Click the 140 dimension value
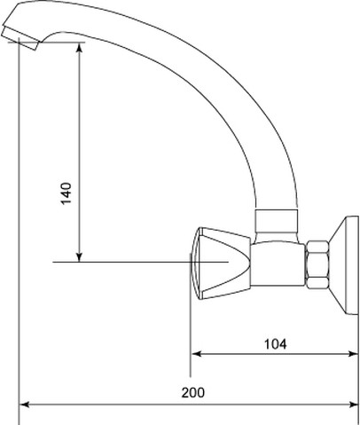(67, 193)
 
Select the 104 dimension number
(275, 344)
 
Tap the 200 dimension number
(192, 392)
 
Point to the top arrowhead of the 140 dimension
(79, 47)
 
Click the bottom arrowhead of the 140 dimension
(79, 256)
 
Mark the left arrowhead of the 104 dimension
(196, 354)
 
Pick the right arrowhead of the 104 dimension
(353, 354)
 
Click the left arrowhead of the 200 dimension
(25, 405)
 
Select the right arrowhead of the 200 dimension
(353, 405)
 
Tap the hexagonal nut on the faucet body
(317, 264)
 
